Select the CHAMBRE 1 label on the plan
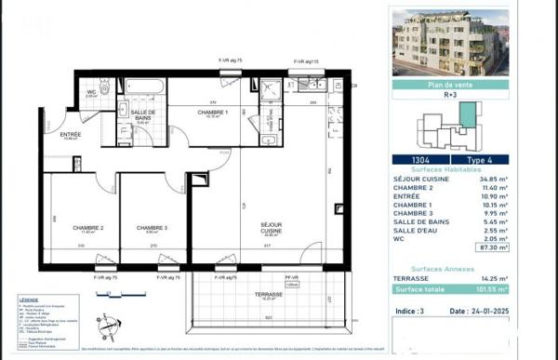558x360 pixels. coord(213,113)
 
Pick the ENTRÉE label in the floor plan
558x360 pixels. coord(71,136)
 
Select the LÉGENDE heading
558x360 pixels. coord(29,299)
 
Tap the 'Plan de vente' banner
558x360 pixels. coord(450,84)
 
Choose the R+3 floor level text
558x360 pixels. coord(450,95)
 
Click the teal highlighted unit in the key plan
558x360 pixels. coord(469,116)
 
